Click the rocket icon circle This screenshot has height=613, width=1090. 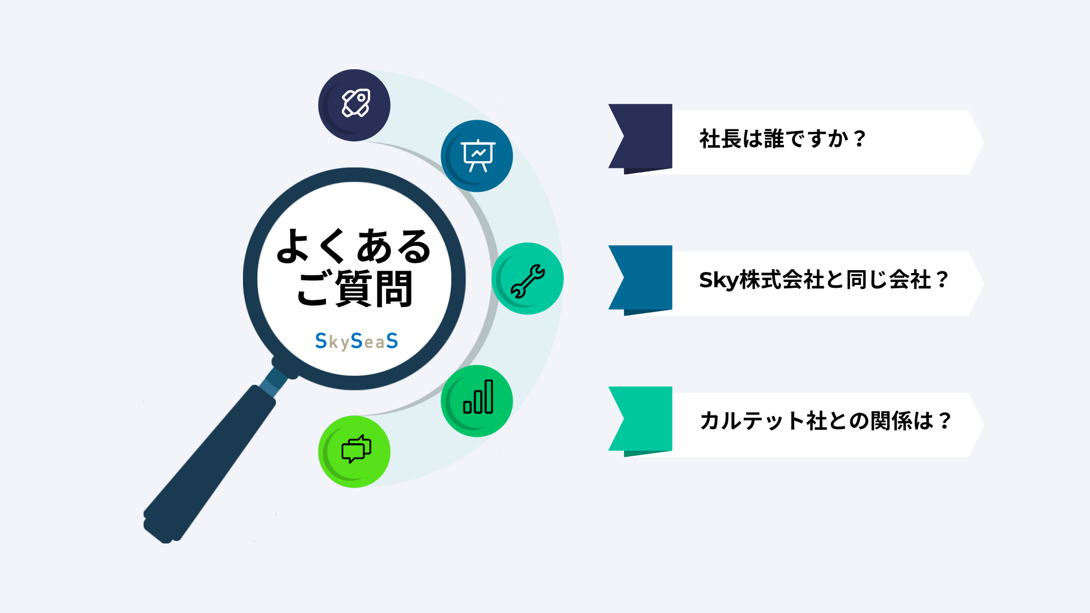354,105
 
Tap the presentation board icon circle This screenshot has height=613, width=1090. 477,156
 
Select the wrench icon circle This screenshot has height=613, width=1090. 527,279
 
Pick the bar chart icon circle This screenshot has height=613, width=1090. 477,401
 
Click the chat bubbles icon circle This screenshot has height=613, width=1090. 354,452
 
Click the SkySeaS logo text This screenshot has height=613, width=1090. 357,341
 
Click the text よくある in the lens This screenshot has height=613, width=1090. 354,246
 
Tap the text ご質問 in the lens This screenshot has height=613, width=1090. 355,288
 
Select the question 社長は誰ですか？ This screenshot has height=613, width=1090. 783,138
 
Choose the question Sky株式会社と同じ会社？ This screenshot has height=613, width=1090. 824,280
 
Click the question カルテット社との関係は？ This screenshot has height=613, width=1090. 825,421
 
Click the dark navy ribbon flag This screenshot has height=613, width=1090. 640,138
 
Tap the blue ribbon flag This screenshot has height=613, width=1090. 640,280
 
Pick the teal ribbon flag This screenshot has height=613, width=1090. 640,421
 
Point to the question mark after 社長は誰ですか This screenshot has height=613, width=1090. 860,138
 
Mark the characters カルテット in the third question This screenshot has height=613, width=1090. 752,421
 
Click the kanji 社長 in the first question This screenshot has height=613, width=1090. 720,138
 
